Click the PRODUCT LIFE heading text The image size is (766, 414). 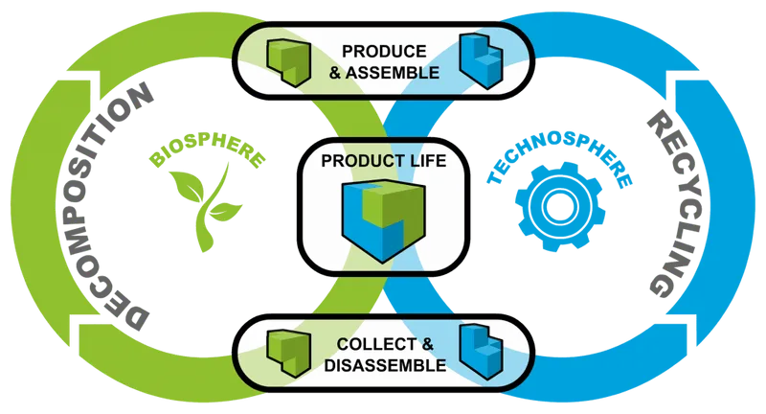pyautogui.click(x=383, y=160)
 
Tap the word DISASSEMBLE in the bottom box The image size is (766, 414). pyautogui.click(x=383, y=365)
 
